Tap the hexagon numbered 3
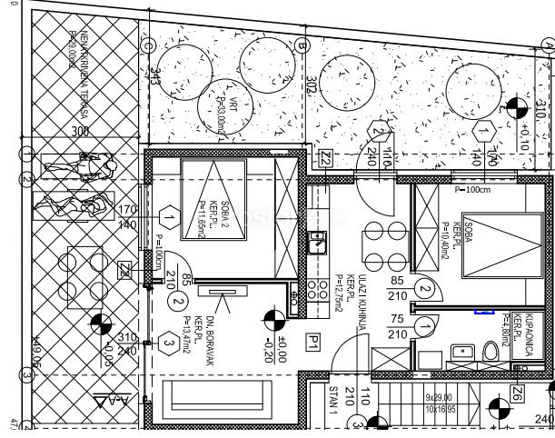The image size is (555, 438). [x=169, y=343]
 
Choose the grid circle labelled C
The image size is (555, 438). [x=147, y=45]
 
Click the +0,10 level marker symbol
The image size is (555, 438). [x=516, y=108]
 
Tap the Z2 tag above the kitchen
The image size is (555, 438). [x=325, y=158]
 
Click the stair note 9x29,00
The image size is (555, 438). [x=439, y=397]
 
